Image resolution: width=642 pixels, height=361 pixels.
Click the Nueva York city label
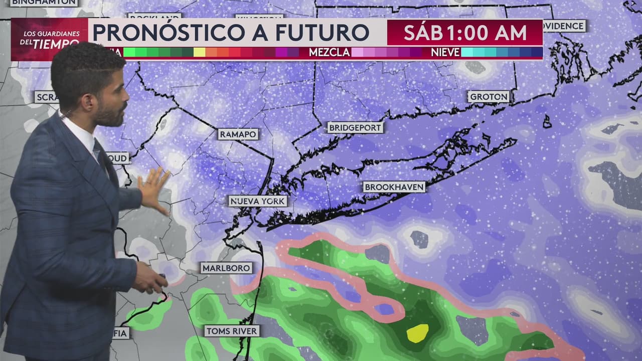tap(258, 201)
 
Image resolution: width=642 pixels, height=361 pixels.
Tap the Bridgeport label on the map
tap(356, 127)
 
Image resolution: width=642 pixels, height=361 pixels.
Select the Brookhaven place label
tap(394, 187)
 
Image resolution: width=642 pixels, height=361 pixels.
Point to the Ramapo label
tap(238, 134)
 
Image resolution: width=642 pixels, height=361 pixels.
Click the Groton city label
tap(489, 96)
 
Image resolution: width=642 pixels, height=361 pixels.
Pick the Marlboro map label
tap(227, 268)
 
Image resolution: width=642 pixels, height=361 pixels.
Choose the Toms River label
tap(232, 331)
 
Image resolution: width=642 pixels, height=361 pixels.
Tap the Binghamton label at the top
tap(44, 3)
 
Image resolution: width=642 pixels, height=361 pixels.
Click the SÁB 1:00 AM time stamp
tap(465, 33)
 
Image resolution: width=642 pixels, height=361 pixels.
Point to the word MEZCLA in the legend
tap(329, 52)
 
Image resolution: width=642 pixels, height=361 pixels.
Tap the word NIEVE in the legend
tap(445, 52)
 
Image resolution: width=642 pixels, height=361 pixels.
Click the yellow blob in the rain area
tap(417, 333)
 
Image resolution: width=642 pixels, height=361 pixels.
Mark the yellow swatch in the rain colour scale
tap(199, 52)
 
